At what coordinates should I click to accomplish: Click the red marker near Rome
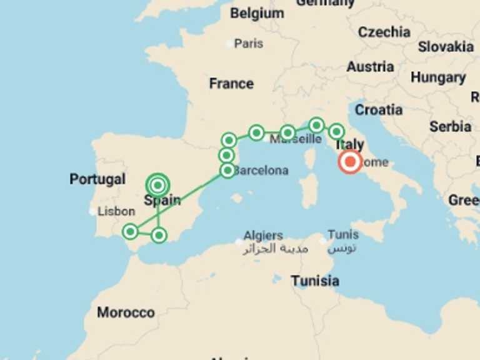pyautogui.click(x=350, y=162)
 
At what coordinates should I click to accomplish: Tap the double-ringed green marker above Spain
pyautogui.click(x=158, y=185)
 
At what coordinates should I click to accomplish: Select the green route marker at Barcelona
pyautogui.click(x=227, y=170)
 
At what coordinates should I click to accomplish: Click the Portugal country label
pyautogui.click(x=97, y=179)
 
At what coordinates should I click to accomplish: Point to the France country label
pyautogui.click(x=231, y=84)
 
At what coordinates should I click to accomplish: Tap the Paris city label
pyautogui.click(x=249, y=44)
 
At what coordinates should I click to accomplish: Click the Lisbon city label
pyautogui.click(x=116, y=211)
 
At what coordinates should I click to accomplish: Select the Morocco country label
pyautogui.click(x=126, y=312)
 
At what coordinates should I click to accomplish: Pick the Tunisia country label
pyautogui.click(x=315, y=281)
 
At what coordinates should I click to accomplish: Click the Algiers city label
pyautogui.click(x=263, y=236)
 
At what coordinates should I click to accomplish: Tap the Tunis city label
pyautogui.click(x=343, y=234)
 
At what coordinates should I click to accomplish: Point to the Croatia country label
pyautogui.click(x=379, y=110)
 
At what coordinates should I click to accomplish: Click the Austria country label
pyautogui.click(x=371, y=67)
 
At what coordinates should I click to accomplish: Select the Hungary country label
pyautogui.click(x=438, y=78)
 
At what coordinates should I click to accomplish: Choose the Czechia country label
pyautogui.click(x=384, y=32)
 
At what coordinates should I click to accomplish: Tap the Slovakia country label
pyautogui.click(x=446, y=47)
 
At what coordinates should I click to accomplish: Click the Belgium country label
pyautogui.click(x=257, y=13)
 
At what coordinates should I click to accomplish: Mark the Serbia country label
pyautogui.click(x=450, y=126)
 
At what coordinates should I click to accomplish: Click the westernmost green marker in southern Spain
pyautogui.click(x=130, y=232)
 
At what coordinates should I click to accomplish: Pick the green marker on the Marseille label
pyautogui.click(x=287, y=132)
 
